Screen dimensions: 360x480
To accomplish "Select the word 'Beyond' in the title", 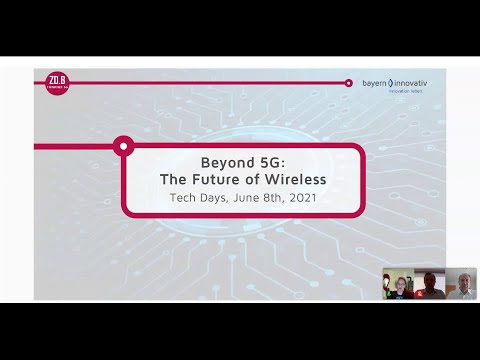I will click(221, 162).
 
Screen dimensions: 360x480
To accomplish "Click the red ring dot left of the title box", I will click(123, 147).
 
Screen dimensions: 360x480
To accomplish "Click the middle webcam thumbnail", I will click(429, 285).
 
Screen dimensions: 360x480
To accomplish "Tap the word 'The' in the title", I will click(178, 180).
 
